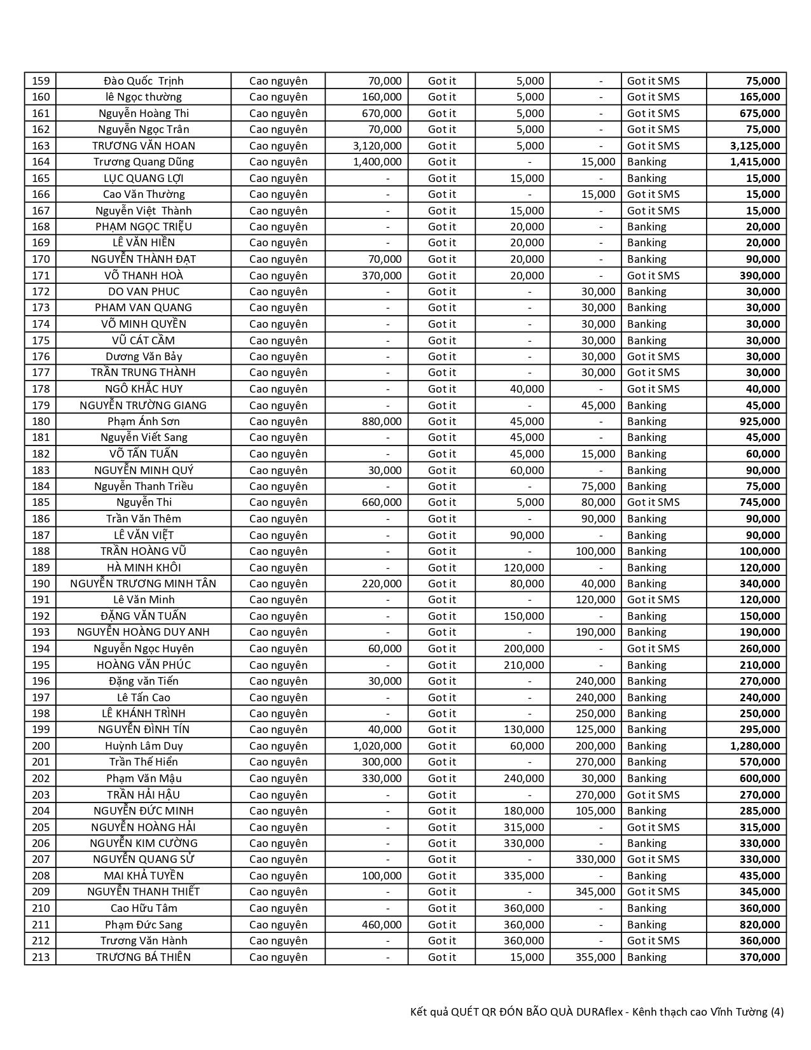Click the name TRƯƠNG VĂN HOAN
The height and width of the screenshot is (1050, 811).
144,146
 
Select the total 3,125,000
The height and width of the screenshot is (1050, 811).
755,146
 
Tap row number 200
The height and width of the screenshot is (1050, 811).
40,746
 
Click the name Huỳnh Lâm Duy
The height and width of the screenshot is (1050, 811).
144,746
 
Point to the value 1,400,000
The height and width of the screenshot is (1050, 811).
377,162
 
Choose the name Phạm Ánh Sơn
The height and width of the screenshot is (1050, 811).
144,421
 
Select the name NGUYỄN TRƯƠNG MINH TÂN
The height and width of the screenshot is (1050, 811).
143,584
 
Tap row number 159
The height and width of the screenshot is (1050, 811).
40,81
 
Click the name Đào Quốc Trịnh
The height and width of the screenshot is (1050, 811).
144,81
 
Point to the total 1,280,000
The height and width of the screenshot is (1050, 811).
755,746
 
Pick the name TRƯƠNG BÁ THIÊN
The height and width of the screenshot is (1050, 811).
144,957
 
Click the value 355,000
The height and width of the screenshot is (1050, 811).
595,957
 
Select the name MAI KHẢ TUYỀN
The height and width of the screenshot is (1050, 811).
144,876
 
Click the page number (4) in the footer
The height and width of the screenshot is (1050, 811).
777,1012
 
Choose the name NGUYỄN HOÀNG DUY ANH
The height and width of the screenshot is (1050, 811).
143,632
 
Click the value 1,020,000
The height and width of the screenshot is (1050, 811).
377,746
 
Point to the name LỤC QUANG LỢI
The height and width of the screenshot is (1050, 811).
144,178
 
